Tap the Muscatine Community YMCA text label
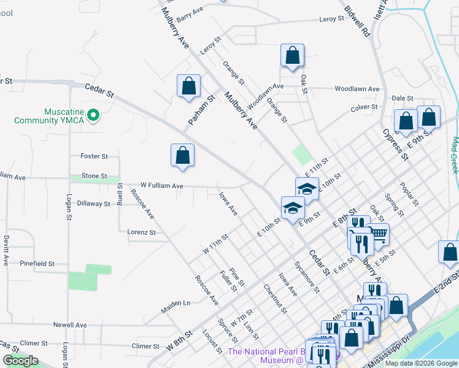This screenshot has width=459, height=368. pos(67,117)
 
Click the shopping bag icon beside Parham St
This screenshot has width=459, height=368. pos(189,86)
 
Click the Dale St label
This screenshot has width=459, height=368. pos(403,98)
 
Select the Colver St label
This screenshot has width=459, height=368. pos(364,107)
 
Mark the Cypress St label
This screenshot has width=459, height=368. pos(395,144)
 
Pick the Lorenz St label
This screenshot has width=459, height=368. pos(141,232)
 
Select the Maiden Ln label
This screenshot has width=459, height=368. pos(177,303)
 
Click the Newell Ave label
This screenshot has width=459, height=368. pos(69,325)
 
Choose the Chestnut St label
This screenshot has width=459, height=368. pos(275,298)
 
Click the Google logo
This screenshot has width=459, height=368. pos(20,361)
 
